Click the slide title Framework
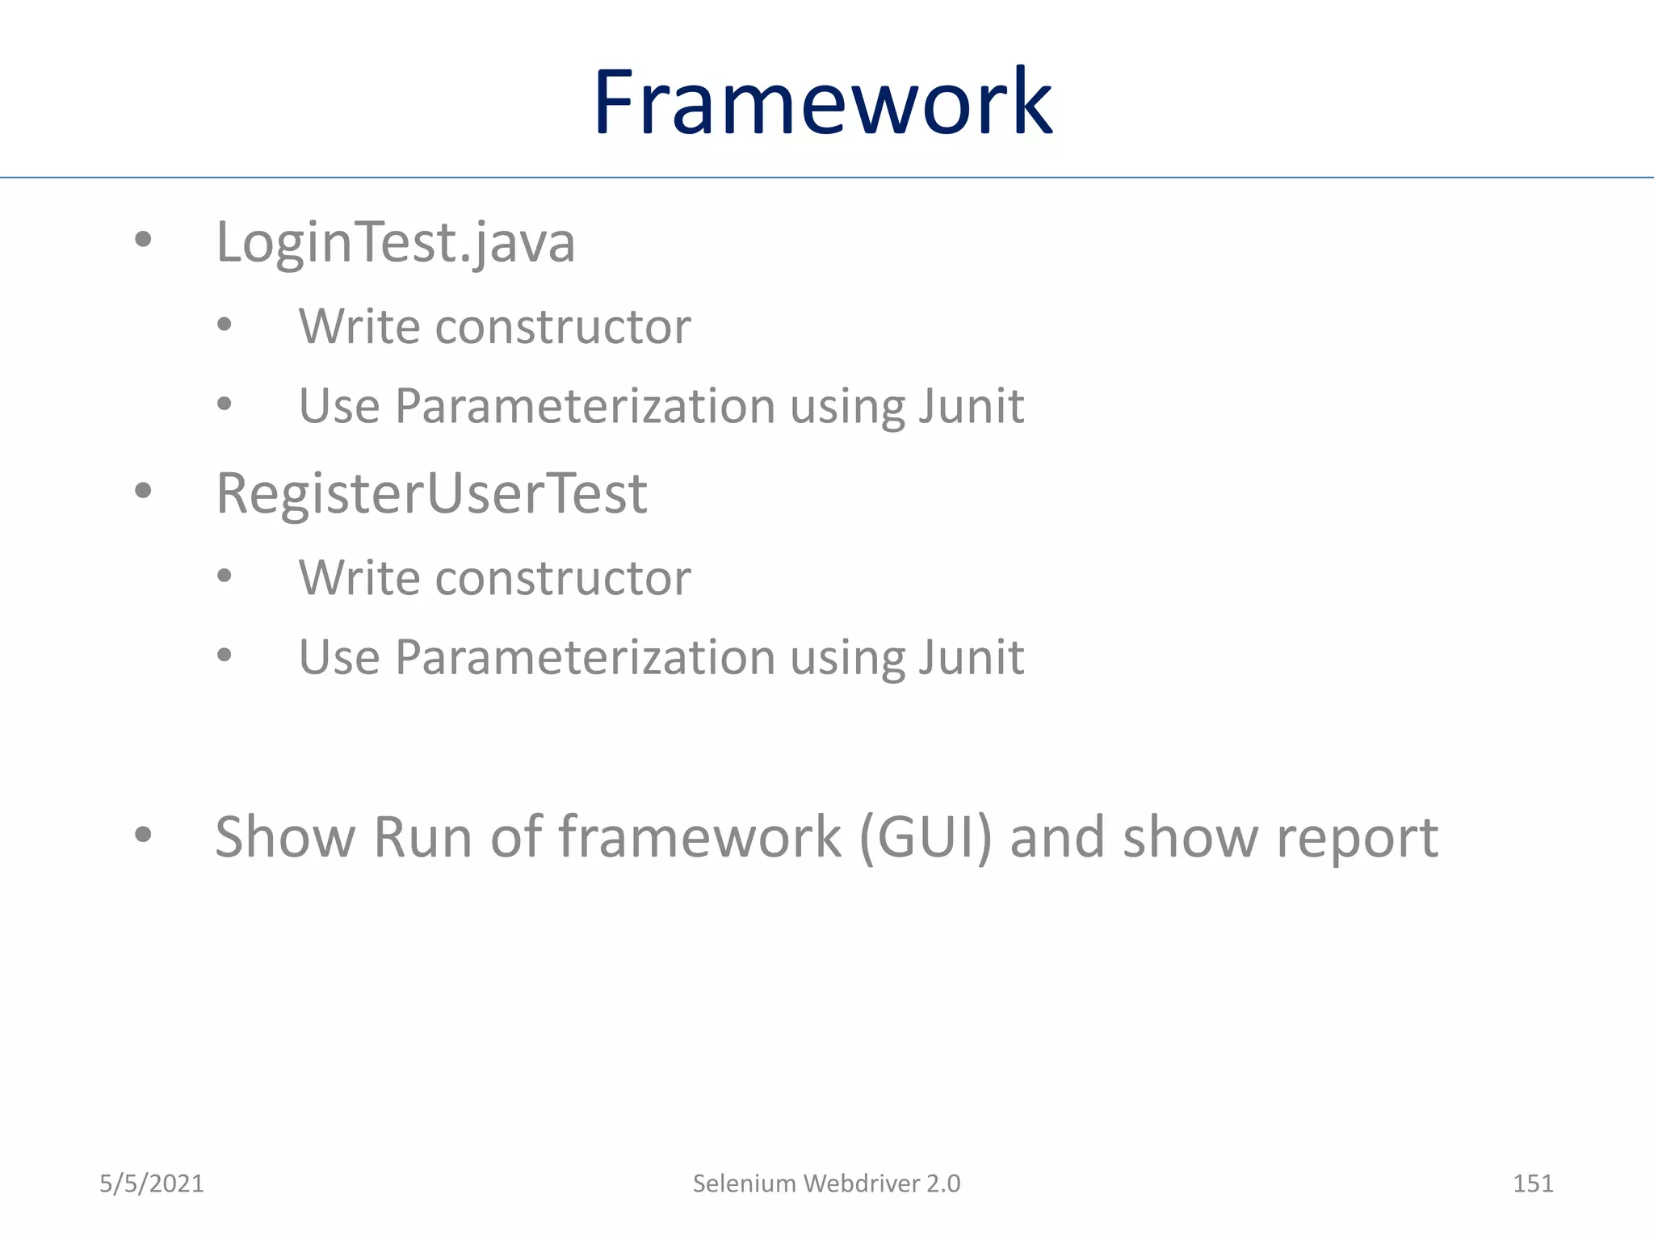tap(822, 103)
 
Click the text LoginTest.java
tap(395, 242)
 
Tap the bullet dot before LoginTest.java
tap(143, 239)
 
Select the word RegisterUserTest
tap(431, 493)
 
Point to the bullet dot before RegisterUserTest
tap(143, 490)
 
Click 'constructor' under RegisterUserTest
tap(562, 578)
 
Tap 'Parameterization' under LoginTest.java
tap(585, 405)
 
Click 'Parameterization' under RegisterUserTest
tap(585, 657)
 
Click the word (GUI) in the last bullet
tap(925, 837)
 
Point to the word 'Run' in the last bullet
tap(422, 837)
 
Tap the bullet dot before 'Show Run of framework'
tap(143, 835)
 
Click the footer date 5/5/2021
tap(151, 1183)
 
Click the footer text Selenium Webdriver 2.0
tap(826, 1183)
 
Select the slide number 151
tap(1532, 1183)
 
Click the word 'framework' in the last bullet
tap(699, 837)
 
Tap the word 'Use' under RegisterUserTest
tap(338, 657)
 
